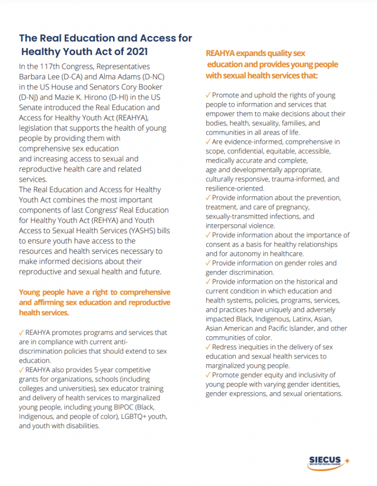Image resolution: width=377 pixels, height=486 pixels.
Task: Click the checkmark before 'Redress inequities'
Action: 208,347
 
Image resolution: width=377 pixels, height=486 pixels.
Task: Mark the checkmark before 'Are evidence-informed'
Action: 208,142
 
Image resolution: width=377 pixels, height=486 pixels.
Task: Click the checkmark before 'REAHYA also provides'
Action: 21,370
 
